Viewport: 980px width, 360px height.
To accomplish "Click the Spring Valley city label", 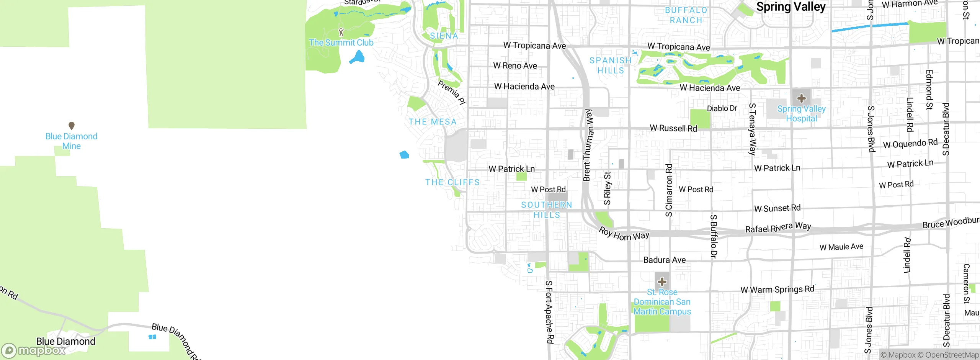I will pyautogui.click(x=791, y=7).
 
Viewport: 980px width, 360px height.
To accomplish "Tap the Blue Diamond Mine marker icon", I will pyautogui.click(x=71, y=126).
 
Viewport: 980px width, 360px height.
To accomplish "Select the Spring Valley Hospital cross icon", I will pyautogui.click(x=801, y=98).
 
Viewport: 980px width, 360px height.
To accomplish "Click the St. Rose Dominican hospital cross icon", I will pyautogui.click(x=662, y=282).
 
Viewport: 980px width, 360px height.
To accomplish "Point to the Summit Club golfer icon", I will pyautogui.click(x=341, y=32).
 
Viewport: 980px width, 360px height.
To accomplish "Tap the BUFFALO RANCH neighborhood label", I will pyautogui.click(x=686, y=15).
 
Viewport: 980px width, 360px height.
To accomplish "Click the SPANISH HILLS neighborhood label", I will pyautogui.click(x=611, y=65).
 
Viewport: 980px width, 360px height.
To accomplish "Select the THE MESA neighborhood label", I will pyautogui.click(x=433, y=122).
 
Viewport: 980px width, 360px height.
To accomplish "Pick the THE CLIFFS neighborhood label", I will pyautogui.click(x=452, y=182).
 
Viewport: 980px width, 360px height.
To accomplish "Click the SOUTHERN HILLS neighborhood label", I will pyautogui.click(x=547, y=210).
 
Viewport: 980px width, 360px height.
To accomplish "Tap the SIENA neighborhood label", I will pyautogui.click(x=444, y=36).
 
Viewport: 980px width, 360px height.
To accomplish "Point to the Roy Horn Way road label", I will pyautogui.click(x=624, y=234).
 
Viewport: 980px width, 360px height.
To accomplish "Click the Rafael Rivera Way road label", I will pyautogui.click(x=778, y=227).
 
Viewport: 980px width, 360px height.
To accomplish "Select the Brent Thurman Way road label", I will pyautogui.click(x=588, y=145).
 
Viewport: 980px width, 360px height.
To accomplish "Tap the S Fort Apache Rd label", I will pyautogui.click(x=549, y=312).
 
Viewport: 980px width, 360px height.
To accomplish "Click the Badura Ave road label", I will pyautogui.click(x=664, y=260).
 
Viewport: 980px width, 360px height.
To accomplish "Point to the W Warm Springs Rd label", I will pyautogui.click(x=777, y=290).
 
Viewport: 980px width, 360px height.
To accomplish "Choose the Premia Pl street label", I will pyautogui.click(x=452, y=92).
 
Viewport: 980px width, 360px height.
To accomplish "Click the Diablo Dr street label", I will pyautogui.click(x=722, y=108).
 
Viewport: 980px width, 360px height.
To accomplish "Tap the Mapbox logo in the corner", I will pyautogui.click(x=34, y=350).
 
